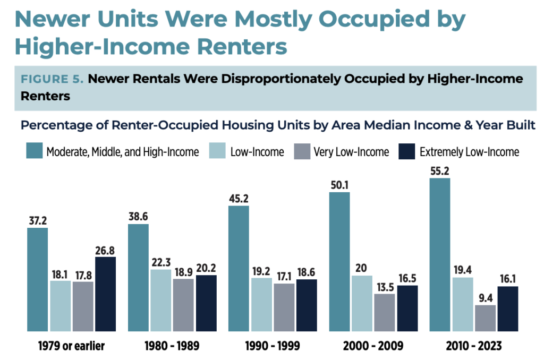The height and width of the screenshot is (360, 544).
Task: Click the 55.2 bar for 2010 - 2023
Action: (439, 255)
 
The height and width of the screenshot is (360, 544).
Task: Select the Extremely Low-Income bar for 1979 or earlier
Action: (105, 294)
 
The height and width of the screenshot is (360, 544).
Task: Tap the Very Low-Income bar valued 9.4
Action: (485, 318)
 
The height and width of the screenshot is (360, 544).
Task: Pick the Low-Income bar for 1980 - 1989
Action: (161, 300)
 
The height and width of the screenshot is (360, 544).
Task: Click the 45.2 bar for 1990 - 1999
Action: (239, 269)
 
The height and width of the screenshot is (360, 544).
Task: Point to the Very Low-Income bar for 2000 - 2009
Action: (385, 313)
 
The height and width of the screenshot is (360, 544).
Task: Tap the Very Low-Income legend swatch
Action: (302, 152)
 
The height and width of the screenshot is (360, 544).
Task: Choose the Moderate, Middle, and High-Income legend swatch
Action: (34, 152)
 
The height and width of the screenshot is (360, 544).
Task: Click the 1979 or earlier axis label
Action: (71, 346)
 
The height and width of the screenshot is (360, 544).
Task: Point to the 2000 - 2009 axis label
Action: (373, 346)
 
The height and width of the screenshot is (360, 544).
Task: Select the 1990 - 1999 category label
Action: (273, 346)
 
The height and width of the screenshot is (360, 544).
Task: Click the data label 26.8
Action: (105, 250)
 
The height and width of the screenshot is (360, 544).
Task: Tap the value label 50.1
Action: (339, 185)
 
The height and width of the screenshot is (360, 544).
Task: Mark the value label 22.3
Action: (161, 262)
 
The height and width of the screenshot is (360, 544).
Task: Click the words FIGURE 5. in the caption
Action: (52, 80)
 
